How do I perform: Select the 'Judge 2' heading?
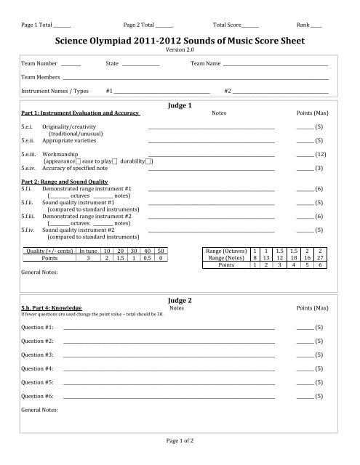point(179,319)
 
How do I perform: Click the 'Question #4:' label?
point(37,368)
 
